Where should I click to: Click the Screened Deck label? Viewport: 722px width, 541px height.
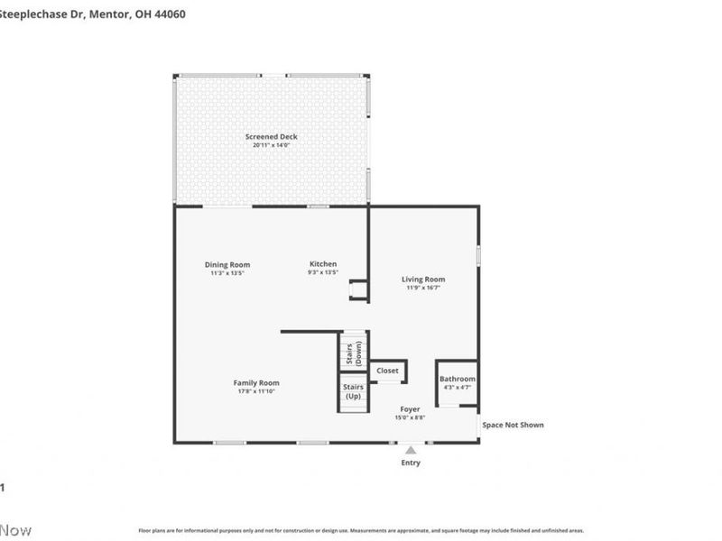pyautogui.click(x=271, y=137)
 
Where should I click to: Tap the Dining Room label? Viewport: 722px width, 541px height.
pyautogui.click(x=227, y=264)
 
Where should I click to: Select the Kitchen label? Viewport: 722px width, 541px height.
pyautogui.click(x=322, y=264)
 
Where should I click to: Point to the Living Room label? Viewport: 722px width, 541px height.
pyautogui.click(x=423, y=280)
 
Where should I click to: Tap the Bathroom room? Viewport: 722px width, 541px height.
pyautogui.click(x=457, y=383)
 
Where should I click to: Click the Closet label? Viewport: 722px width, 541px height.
pyautogui.click(x=387, y=371)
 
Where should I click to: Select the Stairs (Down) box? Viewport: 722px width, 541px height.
pyautogui.click(x=353, y=351)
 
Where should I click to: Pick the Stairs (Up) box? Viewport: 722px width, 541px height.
pyautogui.click(x=353, y=392)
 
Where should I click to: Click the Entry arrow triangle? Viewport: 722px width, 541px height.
pyautogui.click(x=411, y=449)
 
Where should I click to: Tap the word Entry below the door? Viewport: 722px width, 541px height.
pyautogui.click(x=411, y=463)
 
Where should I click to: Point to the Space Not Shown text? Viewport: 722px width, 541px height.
pyautogui.click(x=513, y=425)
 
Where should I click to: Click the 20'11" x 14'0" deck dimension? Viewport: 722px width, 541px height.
pyautogui.click(x=271, y=145)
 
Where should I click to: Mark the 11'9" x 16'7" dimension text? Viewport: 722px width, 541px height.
pyautogui.click(x=423, y=289)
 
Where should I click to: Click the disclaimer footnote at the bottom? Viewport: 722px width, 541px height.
pyautogui.click(x=361, y=531)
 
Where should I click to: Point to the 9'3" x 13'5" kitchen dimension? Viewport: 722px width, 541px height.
pyautogui.click(x=322, y=272)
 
